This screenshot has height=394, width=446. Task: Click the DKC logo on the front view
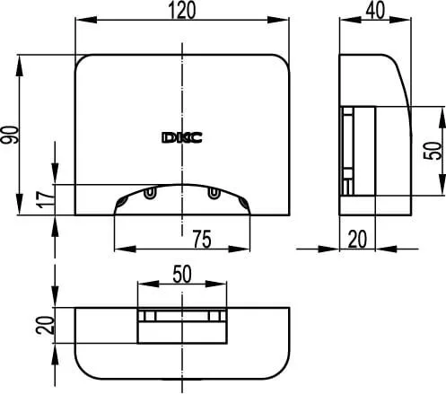click(x=182, y=137)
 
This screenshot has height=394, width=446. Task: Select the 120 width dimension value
click(x=182, y=10)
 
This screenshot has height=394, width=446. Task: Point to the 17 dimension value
click(x=45, y=199)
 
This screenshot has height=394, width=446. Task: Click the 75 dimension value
click(x=202, y=240)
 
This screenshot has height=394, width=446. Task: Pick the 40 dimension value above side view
click(x=375, y=10)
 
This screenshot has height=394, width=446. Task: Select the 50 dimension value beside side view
click(x=433, y=151)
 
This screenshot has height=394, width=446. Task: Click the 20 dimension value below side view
click(x=357, y=239)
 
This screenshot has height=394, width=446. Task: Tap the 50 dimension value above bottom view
click(x=182, y=274)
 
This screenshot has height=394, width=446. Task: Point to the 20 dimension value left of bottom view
click(x=45, y=325)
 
